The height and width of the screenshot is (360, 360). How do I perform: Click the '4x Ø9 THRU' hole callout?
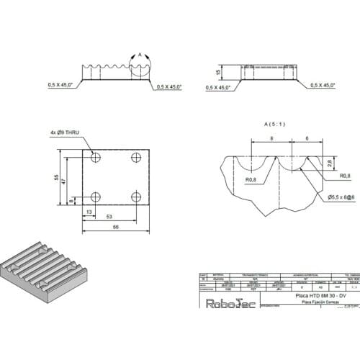pyautogui.click(x=68, y=132)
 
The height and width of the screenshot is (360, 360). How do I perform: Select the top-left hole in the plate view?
pyautogui.click(x=96, y=158)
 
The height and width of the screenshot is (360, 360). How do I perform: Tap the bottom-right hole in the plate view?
pyautogui.click(x=136, y=197)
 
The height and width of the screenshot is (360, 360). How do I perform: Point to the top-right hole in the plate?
pyautogui.click(x=136, y=158)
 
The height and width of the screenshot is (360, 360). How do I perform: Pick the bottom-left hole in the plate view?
pyautogui.click(x=96, y=197)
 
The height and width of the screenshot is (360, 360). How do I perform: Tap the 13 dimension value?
pyautogui.click(x=89, y=212)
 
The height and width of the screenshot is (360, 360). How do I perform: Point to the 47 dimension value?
pyautogui.click(x=66, y=182)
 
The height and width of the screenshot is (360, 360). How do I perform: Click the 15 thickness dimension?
pyautogui.click(x=218, y=72)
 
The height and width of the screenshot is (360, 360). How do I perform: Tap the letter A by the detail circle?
pyautogui.click(x=141, y=53)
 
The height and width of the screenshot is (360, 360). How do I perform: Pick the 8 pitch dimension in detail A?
pyautogui.click(x=271, y=137)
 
